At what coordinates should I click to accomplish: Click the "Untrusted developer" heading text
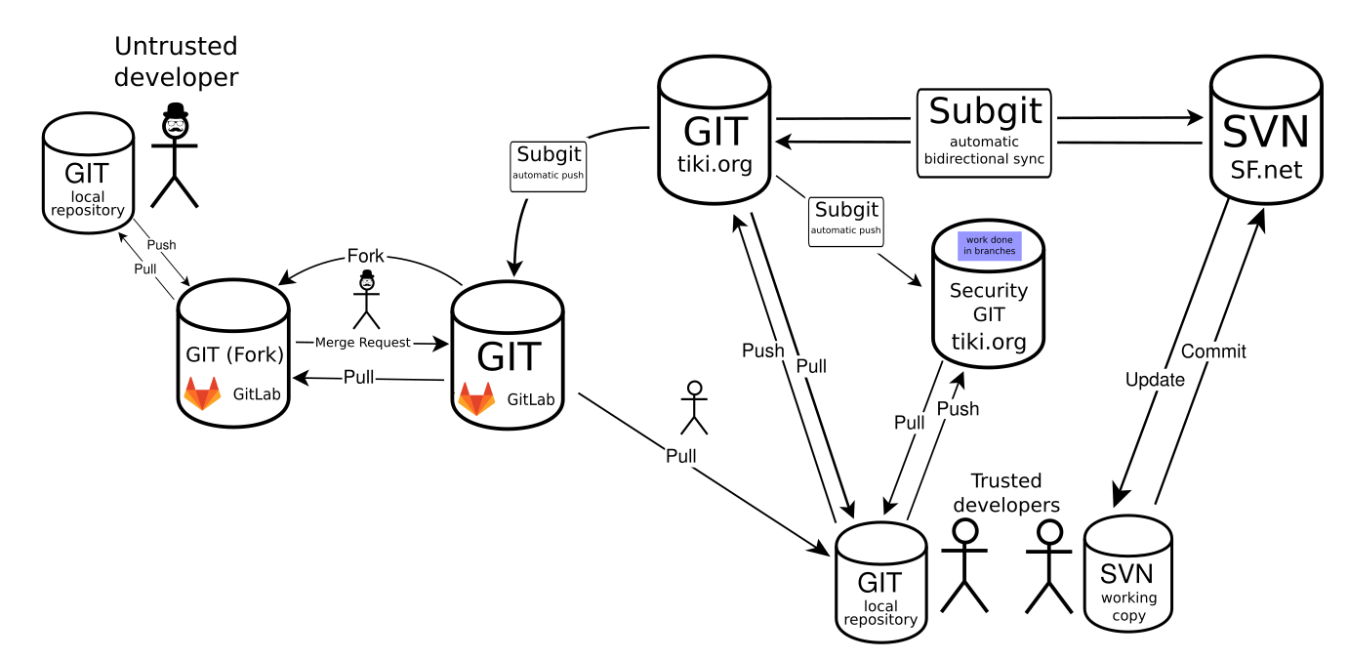tap(176, 62)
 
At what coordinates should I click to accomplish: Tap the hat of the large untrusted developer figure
tap(176, 109)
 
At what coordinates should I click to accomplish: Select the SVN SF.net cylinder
tap(1266, 130)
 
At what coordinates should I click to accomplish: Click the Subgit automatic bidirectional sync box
tap(984, 133)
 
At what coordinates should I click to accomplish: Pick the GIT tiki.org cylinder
tap(715, 130)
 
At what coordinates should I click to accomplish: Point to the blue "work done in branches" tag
tap(990, 246)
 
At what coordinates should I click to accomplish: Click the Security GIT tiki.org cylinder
tap(988, 294)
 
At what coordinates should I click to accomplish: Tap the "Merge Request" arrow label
tap(362, 343)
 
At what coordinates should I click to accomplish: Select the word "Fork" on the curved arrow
tap(365, 256)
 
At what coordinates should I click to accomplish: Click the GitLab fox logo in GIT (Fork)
tap(202, 393)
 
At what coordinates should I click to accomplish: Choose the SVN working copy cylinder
tap(1128, 574)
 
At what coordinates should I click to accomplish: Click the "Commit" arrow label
tap(1213, 351)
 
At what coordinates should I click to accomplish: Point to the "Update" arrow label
tap(1155, 380)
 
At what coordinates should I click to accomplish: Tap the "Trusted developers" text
tap(1006, 493)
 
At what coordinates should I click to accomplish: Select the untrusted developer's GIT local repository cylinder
tap(88, 173)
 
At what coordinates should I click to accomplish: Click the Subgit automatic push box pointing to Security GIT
tap(845, 222)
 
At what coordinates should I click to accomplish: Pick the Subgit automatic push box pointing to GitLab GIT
tap(548, 167)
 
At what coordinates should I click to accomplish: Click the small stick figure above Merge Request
tap(367, 300)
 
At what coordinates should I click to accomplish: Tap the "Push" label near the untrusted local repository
tap(161, 245)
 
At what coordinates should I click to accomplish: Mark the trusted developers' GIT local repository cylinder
tap(880, 582)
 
